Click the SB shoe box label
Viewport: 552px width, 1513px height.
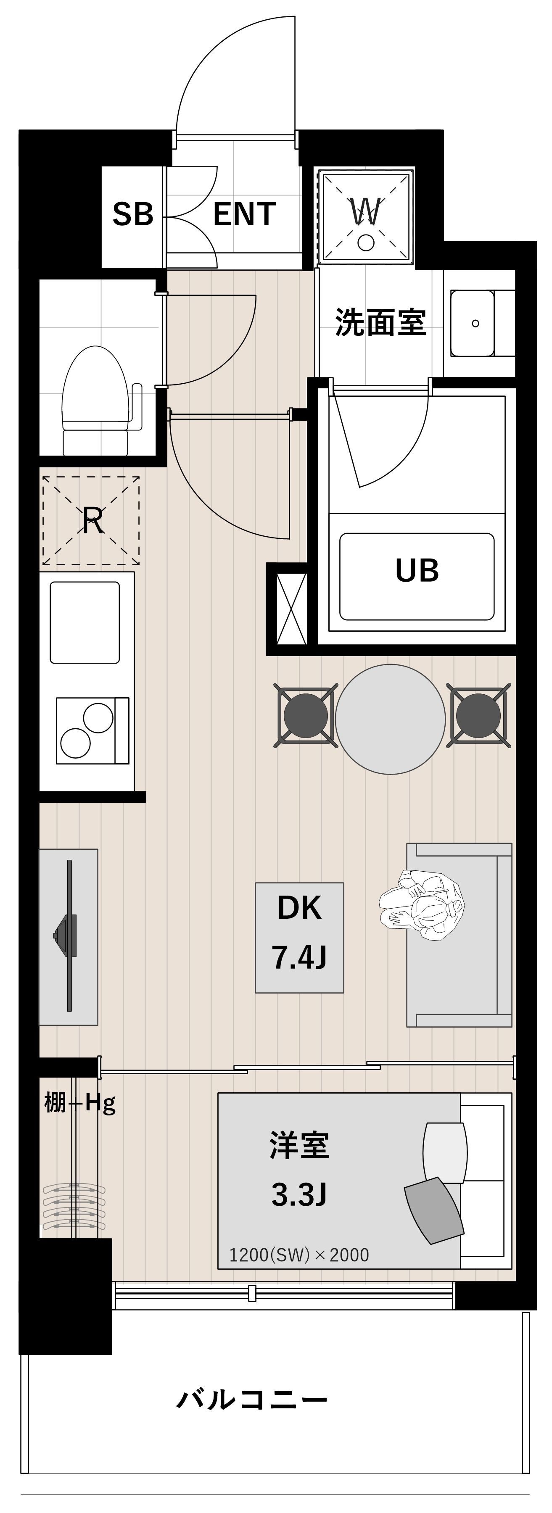point(133,214)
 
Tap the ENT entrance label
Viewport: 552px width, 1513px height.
point(244,214)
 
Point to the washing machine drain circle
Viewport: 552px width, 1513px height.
point(366,243)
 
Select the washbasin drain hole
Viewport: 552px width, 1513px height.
point(475,323)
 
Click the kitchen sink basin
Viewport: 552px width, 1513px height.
point(85,622)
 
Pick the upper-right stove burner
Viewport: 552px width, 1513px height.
point(98,718)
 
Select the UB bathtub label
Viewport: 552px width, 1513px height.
point(417,571)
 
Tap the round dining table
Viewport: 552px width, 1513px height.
point(390,720)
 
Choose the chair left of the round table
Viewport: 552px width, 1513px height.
point(305,715)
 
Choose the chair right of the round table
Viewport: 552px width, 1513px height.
point(478,715)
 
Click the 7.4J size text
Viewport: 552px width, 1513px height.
point(299,958)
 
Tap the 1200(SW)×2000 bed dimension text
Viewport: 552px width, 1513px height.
point(299,1255)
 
